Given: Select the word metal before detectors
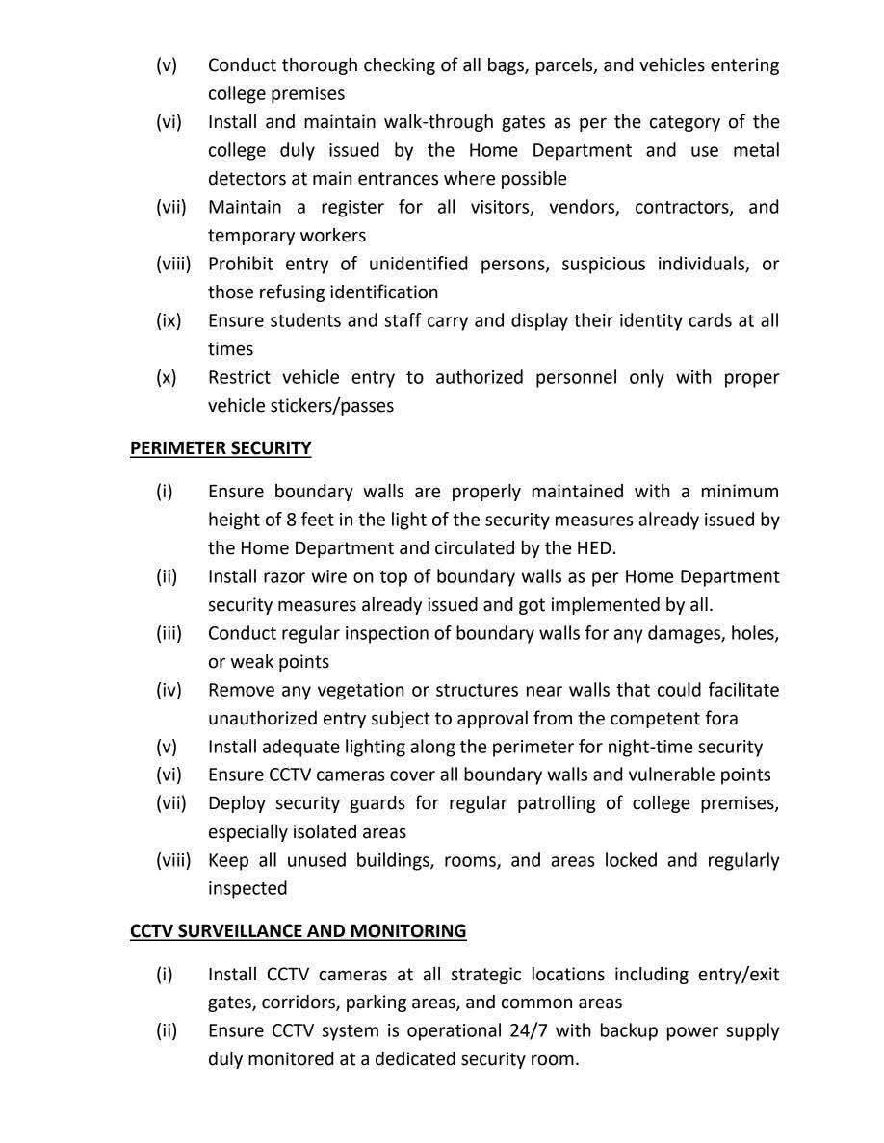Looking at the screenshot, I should (755, 150).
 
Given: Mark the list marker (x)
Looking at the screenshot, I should (167, 377).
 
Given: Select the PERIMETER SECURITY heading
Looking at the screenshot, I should (221, 448).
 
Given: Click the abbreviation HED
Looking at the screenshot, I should (596, 547).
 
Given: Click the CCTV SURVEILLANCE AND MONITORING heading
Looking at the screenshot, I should (299, 931).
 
